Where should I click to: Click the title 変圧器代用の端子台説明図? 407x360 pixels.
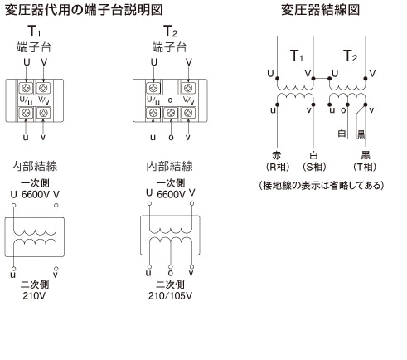[84, 10]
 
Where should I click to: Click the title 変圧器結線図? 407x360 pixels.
[320, 10]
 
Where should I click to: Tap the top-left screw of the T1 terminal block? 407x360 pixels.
[27, 88]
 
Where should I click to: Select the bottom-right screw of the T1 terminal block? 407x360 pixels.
[43, 113]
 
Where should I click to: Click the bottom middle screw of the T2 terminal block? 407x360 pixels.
[171, 113]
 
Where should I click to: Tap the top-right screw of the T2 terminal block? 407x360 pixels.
[188, 88]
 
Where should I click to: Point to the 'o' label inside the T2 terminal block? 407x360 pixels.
[171, 100]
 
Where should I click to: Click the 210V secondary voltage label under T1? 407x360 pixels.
[34, 296]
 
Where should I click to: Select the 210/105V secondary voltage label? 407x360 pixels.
[170, 296]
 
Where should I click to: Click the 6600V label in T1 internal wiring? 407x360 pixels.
[35, 195]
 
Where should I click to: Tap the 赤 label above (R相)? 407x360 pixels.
[277, 155]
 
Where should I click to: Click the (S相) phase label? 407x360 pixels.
[314, 167]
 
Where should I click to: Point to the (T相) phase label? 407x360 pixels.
[365, 167]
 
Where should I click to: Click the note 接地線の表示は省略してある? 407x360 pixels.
[322, 185]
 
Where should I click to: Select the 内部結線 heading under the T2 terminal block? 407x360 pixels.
[169, 167]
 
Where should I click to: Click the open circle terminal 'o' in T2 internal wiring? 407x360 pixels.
[171, 267]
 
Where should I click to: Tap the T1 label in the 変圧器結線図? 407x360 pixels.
[297, 56]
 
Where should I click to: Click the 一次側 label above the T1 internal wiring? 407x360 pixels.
[35, 182]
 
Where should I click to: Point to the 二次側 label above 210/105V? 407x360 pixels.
[170, 285]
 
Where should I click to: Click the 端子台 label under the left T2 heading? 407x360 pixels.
[169, 47]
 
